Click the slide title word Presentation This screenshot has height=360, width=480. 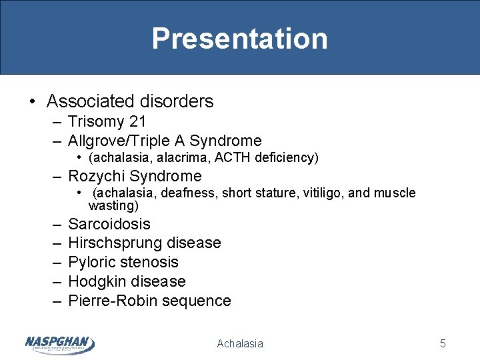[x=239, y=39]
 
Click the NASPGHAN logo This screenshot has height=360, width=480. [x=59, y=343]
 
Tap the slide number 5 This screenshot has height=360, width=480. [x=443, y=343]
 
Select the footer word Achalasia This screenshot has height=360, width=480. [x=240, y=343]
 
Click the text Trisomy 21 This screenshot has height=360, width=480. [x=107, y=121]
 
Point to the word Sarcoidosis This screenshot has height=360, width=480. [x=109, y=224]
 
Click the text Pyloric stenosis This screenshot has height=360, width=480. [x=123, y=262]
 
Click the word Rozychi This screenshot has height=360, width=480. [x=97, y=176]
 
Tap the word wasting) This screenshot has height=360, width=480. [x=113, y=205]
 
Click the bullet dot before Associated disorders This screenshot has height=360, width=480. [x=33, y=102]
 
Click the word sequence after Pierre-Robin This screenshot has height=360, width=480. [x=200, y=301]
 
